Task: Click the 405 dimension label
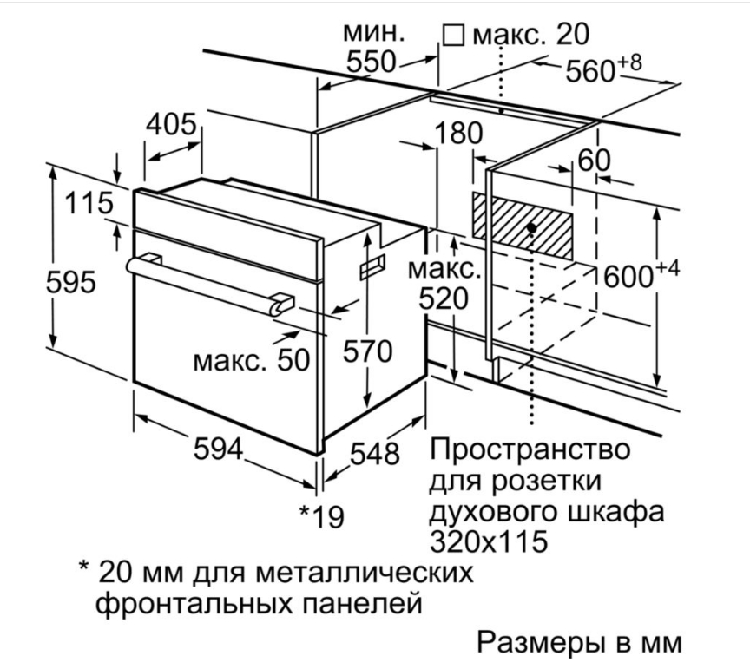[x=171, y=125]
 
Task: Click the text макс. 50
[x=251, y=359]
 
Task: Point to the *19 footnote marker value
[x=321, y=516]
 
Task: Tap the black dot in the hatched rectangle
[x=530, y=226]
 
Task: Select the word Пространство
[x=529, y=451]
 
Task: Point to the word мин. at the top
[x=373, y=33]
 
